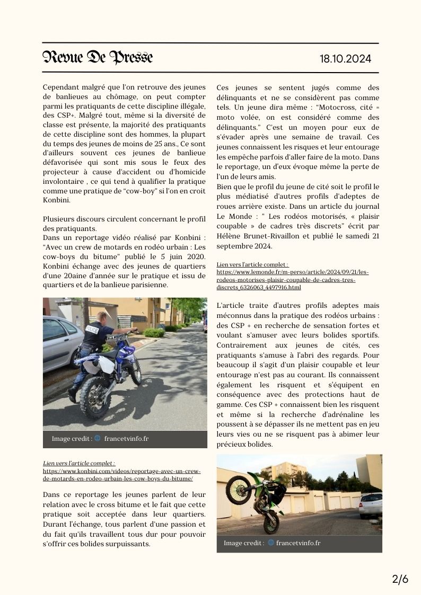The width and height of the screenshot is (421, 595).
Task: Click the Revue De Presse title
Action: tap(98, 57)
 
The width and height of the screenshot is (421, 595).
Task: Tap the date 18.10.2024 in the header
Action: tap(345, 59)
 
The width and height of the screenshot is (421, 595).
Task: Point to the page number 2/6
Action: tap(400, 579)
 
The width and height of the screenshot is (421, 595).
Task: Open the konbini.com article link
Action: tap(121, 475)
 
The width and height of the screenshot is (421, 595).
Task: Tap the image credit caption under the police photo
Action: tap(100, 439)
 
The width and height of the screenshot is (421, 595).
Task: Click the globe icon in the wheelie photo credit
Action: tap(271, 543)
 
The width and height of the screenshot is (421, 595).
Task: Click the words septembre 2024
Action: tap(244, 246)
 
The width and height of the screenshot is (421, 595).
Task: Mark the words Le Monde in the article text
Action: tap(231, 216)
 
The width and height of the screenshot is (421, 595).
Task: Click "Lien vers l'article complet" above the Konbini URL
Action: tap(79, 463)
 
